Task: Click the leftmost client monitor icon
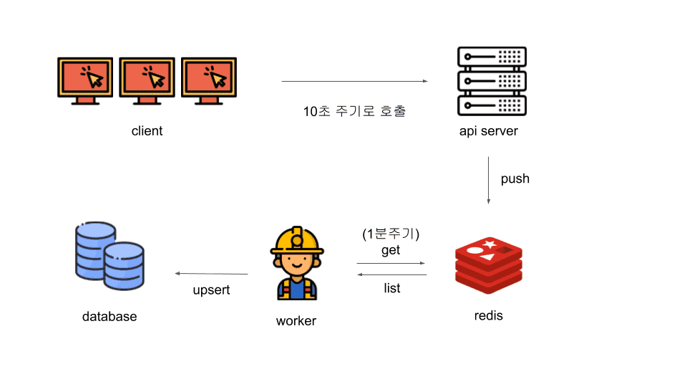pyautogui.click(x=85, y=80)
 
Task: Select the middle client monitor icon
pyautogui.click(x=147, y=80)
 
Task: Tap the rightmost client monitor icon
pyautogui.click(x=209, y=80)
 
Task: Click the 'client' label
pyautogui.click(x=147, y=131)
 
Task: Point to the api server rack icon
pyautogui.click(x=492, y=81)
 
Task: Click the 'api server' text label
pyautogui.click(x=489, y=131)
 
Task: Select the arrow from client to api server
pyautogui.click(x=354, y=81)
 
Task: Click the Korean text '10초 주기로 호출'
pyautogui.click(x=354, y=112)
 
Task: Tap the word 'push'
pyautogui.click(x=515, y=178)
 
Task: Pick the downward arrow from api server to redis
pyautogui.click(x=489, y=179)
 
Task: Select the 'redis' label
pyautogui.click(x=489, y=315)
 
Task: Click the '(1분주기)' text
pyautogui.click(x=391, y=234)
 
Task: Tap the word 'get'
pyautogui.click(x=391, y=250)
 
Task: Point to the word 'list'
pyautogui.click(x=391, y=288)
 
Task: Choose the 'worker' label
pyautogui.click(x=296, y=320)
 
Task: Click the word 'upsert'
pyautogui.click(x=211, y=290)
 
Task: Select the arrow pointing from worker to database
pyautogui.click(x=212, y=274)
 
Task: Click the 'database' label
pyautogui.click(x=109, y=316)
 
